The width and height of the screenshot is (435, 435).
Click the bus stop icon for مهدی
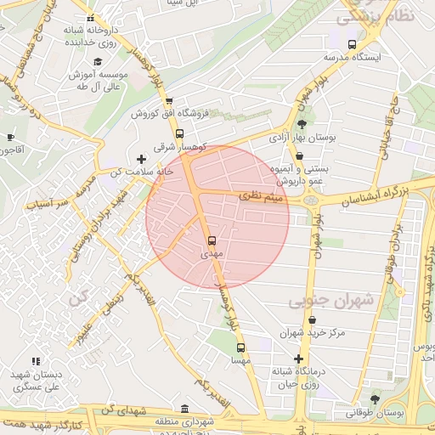[212, 240]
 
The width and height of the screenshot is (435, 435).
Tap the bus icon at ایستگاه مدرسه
[352, 44]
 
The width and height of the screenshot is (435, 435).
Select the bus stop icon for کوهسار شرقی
[179, 133]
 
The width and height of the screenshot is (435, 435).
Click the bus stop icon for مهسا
[240, 347]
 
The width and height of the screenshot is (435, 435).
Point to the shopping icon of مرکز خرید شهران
[312, 320]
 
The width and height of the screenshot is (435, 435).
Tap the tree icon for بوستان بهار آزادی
[302, 124]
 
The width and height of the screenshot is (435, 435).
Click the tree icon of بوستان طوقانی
[375, 398]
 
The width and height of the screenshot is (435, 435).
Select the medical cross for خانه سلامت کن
[142, 159]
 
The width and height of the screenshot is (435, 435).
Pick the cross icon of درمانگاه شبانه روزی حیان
[298, 359]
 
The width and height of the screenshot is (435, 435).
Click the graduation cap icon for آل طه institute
[98, 62]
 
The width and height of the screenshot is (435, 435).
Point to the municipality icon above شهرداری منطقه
[185, 408]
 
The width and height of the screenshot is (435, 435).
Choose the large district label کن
[79, 300]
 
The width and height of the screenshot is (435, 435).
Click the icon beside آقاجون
[10, 137]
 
